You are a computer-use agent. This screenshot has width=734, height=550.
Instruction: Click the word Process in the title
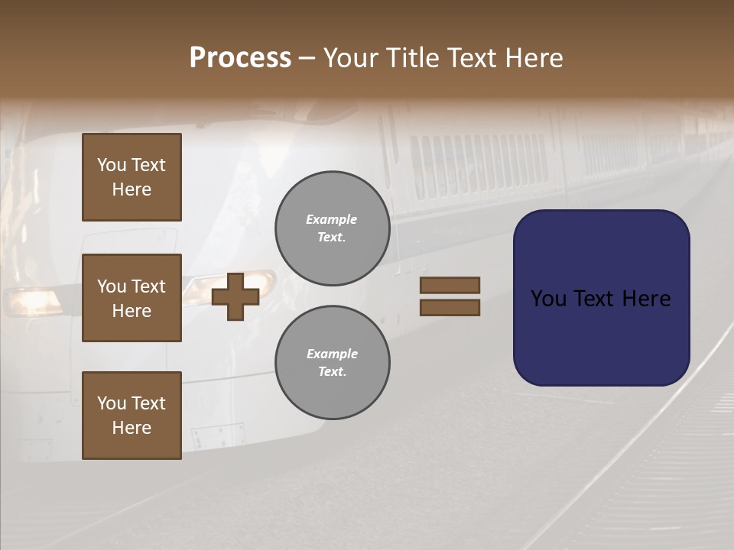(x=240, y=58)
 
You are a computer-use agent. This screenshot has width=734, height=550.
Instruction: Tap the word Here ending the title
(x=532, y=58)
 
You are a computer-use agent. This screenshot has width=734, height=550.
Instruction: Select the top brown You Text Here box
(x=132, y=177)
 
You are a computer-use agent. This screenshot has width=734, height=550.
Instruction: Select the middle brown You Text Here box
(x=132, y=298)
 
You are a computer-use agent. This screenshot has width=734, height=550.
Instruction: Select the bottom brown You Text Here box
(x=132, y=416)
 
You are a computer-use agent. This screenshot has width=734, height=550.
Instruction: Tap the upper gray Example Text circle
(x=332, y=228)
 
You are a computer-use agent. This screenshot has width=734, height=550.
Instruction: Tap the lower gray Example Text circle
(x=332, y=363)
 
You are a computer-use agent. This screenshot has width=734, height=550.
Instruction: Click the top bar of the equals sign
(x=450, y=285)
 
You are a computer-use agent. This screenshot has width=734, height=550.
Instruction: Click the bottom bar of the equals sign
(x=450, y=308)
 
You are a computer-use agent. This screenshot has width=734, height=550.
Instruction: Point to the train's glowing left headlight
(x=31, y=299)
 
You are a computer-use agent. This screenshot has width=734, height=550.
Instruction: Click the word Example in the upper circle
(x=332, y=219)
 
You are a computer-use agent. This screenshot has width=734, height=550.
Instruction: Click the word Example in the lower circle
(x=332, y=354)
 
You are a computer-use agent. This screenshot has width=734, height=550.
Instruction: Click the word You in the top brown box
(x=112, y=165)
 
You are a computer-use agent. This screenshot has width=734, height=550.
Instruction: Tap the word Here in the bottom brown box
(x=132, y=428)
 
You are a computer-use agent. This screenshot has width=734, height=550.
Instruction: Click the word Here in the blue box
(x=646, y=299)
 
